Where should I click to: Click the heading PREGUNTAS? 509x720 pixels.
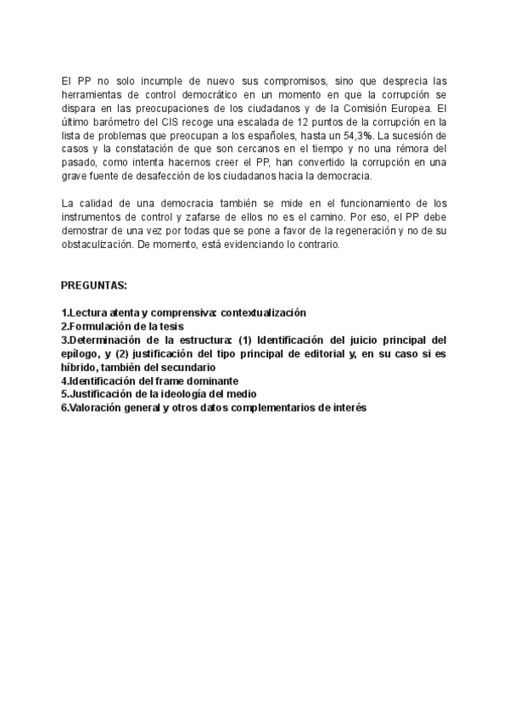coord(93,286)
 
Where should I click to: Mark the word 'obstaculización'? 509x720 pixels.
coord(98,244)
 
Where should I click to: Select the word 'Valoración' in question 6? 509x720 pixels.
coord(94,408)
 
